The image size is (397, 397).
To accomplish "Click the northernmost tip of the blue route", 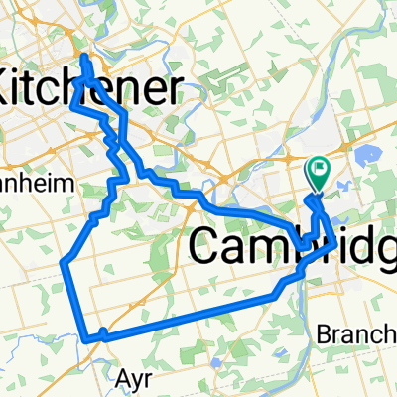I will pyautogui.click(x=83, y=58).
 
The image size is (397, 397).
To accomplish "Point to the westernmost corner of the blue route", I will pyautogui.click(x=64, y=263).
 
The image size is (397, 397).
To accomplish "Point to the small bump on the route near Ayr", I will pyautogui.click(x=104, y=331).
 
